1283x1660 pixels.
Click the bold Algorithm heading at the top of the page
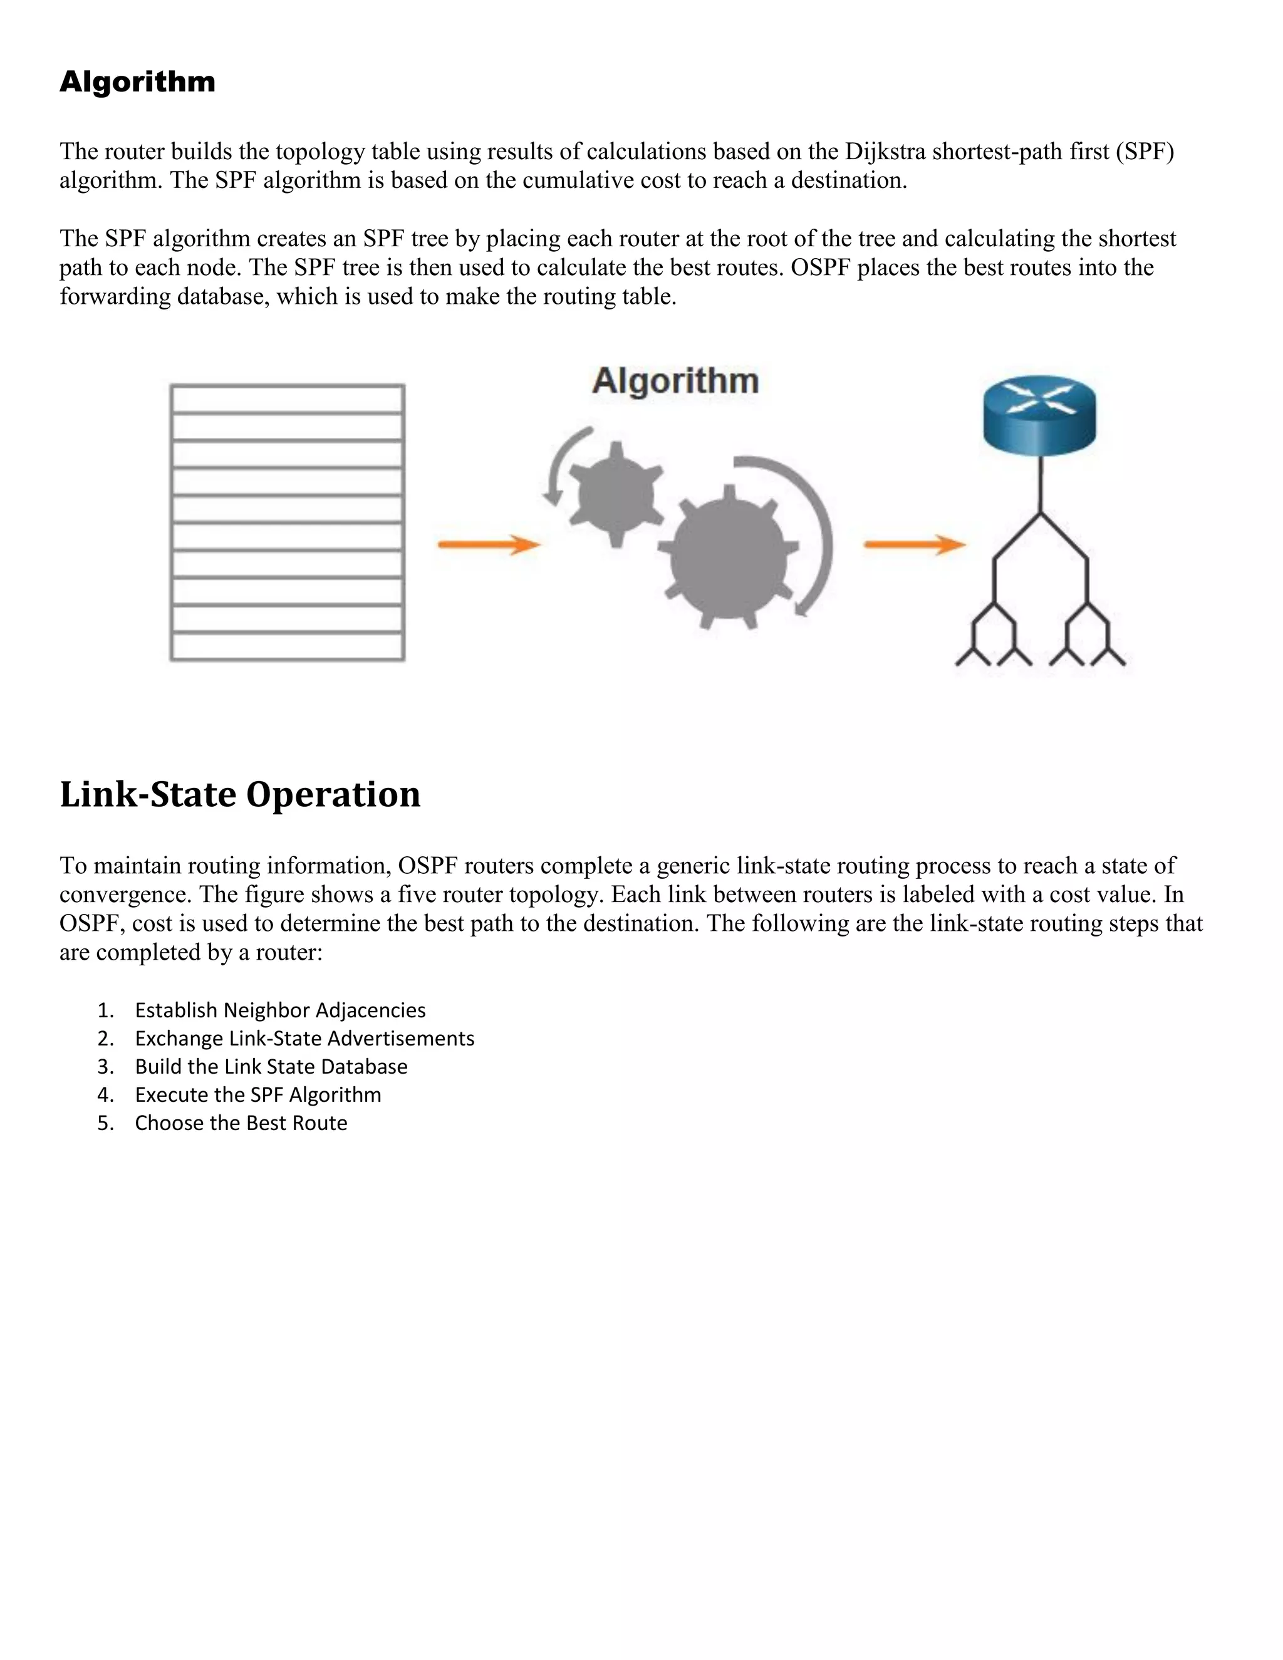pos(138,82)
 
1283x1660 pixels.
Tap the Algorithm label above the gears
pos(675,380)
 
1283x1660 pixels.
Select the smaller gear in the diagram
pos(616,494)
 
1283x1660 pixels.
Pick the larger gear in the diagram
pos(728,559)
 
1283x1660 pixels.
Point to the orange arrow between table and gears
pos(488,544)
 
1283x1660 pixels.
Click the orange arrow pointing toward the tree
pos(915,544)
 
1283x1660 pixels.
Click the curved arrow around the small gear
pos(558,464)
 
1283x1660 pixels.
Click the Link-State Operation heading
pos(239,794)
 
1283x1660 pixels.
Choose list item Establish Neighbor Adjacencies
pos(279,1010)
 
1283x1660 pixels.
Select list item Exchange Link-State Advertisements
pos(304,1038)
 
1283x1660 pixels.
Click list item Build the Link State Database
pos(271,1066)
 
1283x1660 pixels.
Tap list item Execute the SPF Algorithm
pos(257,1094)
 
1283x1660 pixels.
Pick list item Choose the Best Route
pos(241,1123)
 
